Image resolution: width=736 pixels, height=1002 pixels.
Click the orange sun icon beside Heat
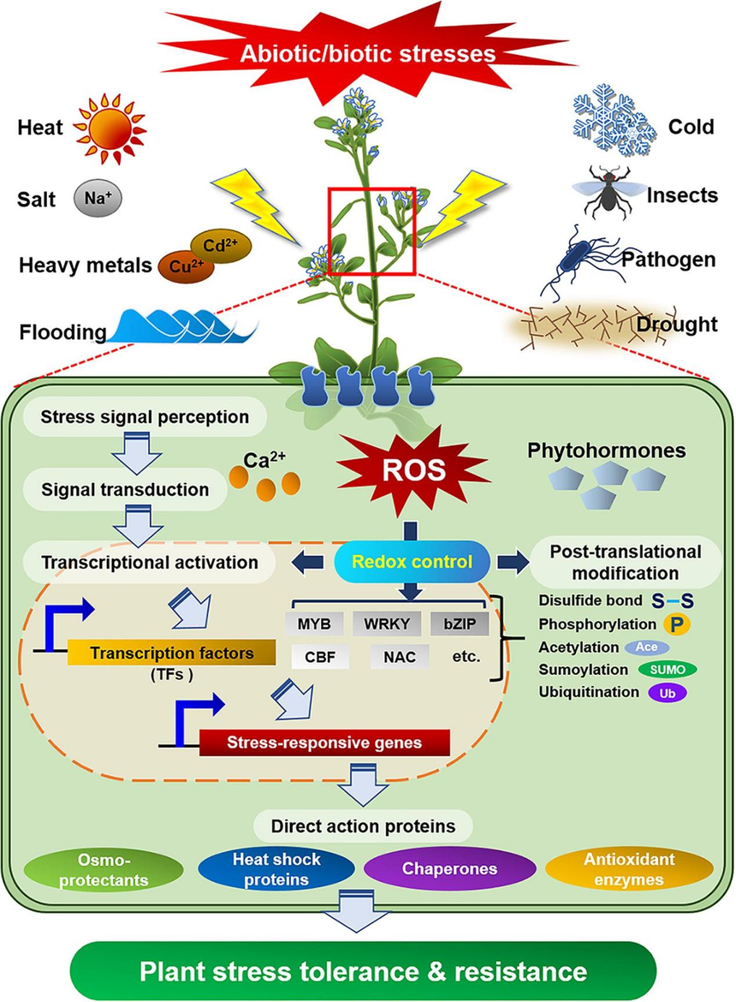(x=110, y=129)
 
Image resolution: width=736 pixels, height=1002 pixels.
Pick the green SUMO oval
(x=668, y=669)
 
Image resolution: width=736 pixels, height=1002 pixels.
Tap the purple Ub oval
(x=668, y=692)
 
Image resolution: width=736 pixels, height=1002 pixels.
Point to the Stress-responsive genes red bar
(x=324, y=743)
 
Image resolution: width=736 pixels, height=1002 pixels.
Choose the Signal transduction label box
(x=126, y=490)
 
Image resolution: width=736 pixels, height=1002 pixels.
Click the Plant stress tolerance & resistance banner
(x=365, y=972)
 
